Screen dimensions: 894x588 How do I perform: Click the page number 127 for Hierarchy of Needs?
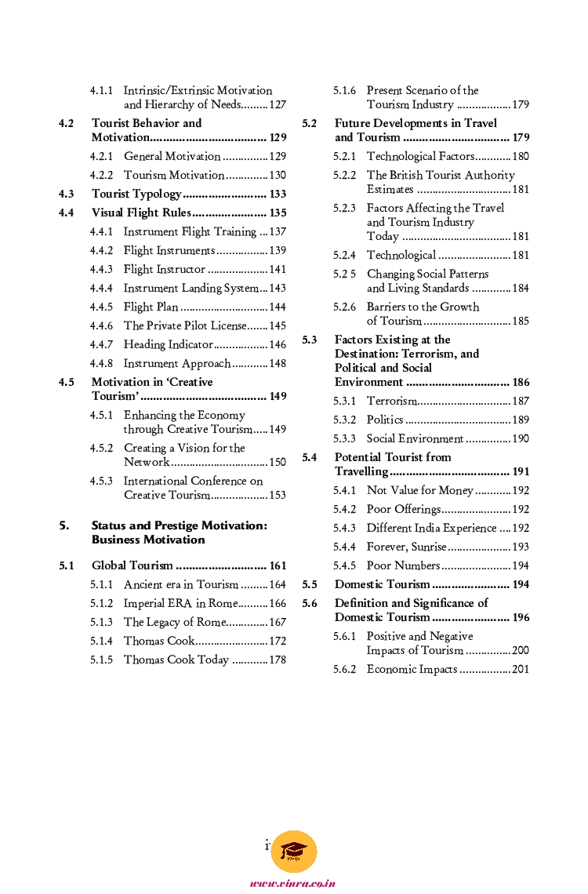[278, 105]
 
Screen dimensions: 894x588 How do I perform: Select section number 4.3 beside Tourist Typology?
[67, 194]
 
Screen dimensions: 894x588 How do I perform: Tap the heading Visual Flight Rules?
[141, 213]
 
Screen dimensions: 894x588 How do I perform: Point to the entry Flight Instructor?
[165, 269]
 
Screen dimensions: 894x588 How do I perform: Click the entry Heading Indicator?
[169, 344]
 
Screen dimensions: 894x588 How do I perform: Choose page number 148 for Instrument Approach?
[278, 363]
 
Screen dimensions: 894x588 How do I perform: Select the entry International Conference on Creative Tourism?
[193, 488]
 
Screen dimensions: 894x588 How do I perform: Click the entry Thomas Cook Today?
[176, 660]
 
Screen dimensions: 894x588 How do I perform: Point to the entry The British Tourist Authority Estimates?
[441, 182]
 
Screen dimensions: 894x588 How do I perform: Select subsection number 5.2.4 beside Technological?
[344, 255]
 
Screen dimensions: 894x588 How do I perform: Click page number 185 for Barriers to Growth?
[521, 321]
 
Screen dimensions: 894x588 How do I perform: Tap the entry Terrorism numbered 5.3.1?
[392, 401]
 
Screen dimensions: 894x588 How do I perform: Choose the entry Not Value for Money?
[420, 490]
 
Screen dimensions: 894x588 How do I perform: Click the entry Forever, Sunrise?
[407, 547]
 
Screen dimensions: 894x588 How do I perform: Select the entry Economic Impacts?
[412, 669]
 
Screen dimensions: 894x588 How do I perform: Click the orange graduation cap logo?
[294, 852]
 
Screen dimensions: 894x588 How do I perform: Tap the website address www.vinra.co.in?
[293, 884]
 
